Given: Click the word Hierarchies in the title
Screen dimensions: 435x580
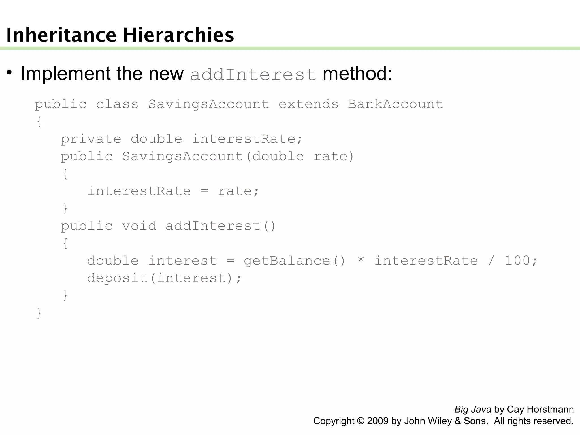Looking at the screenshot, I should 178,35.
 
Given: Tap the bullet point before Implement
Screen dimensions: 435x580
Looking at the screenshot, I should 9,73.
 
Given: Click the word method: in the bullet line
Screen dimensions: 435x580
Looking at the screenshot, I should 357,74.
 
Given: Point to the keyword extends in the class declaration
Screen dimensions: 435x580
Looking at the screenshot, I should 308,104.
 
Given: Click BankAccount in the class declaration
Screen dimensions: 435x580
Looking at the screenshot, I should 395,104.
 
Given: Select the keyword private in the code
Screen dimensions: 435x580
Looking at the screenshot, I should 91,139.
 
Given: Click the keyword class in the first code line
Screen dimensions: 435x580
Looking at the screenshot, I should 117,104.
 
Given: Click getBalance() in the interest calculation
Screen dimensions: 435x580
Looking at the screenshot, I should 295,261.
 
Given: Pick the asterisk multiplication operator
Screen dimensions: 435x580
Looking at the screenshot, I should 361,260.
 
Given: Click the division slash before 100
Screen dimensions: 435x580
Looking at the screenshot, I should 491,261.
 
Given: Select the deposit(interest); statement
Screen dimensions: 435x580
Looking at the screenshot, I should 164,278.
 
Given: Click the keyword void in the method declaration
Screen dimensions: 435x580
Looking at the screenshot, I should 139,226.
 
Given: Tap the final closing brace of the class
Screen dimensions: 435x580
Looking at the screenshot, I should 39,313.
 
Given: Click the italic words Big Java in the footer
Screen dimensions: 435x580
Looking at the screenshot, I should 473,409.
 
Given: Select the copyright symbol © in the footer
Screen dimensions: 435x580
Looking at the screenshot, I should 361,421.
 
